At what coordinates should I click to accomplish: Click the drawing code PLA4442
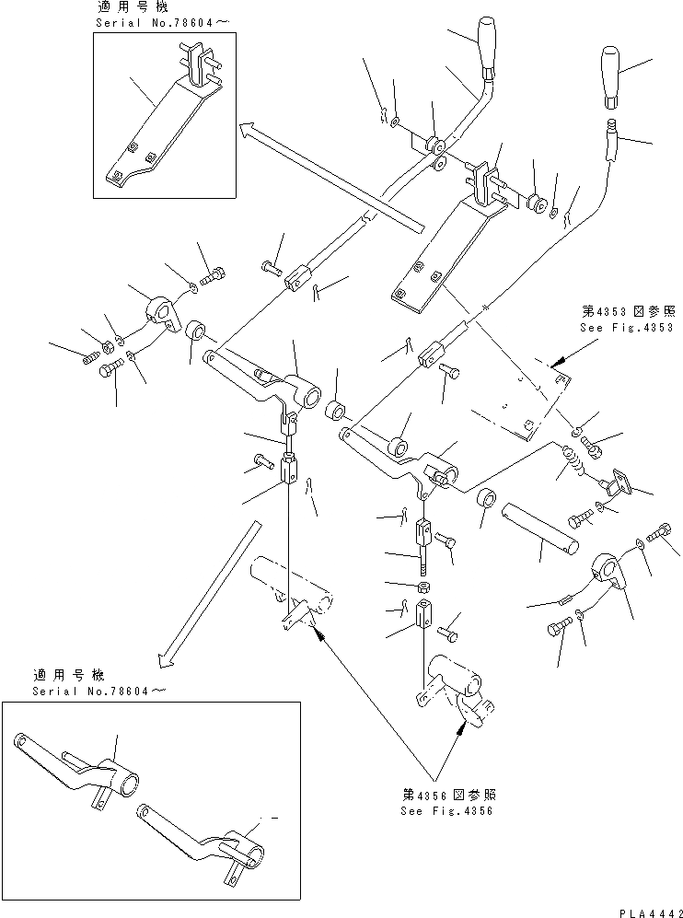tap(645, 908)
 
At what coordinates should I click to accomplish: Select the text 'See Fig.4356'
tap(446, 811)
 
